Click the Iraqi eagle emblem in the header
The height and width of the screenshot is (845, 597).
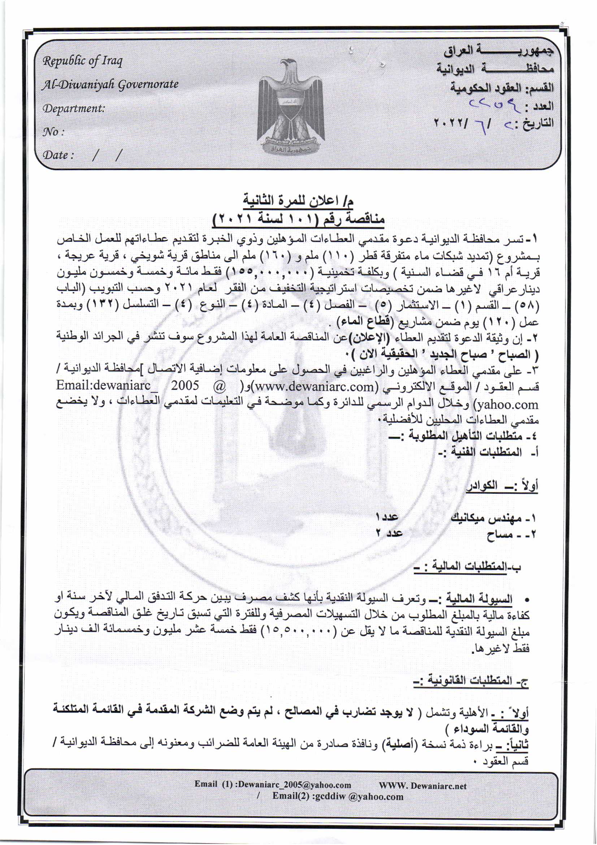tap(291, 107)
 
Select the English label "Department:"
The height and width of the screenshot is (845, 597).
tap(74, 108)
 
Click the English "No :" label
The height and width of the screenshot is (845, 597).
tap(54, 132)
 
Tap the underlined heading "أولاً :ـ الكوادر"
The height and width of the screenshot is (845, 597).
tap(502, 486)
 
